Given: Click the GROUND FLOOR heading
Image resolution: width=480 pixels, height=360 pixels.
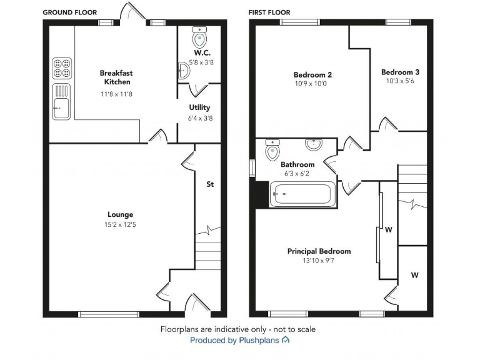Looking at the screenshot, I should (69, 12).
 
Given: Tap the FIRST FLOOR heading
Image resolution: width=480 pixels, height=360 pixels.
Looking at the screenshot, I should (269, 12).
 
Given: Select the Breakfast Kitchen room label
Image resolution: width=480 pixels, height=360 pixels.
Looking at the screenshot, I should (116, 77).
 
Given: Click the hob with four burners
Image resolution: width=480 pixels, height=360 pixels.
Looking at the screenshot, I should (62, 67).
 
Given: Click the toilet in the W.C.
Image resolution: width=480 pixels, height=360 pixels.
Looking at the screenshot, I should (199, 38).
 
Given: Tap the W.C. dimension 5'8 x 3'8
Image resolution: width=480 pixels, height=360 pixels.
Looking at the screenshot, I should (201, 62).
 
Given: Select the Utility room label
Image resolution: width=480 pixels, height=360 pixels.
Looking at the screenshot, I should (200, 107).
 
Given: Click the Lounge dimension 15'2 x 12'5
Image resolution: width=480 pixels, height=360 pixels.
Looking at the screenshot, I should (120, 224).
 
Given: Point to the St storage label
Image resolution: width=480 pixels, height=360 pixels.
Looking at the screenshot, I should (210, 184).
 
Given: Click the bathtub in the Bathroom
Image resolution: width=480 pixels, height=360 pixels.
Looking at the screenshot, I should (302, 194).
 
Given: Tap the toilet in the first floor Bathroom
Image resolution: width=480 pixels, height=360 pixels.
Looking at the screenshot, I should (272, 149).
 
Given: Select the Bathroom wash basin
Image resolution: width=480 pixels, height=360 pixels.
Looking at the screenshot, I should (314, 145).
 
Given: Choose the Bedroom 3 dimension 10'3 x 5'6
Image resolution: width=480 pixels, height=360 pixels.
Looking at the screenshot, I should (400, 81).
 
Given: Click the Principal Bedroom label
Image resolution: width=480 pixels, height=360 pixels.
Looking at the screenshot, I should (319, 251).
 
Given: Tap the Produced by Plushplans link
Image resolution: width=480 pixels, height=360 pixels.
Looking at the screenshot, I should (235, 341).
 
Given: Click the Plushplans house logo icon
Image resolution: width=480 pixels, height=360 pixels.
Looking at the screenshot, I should (286, 341).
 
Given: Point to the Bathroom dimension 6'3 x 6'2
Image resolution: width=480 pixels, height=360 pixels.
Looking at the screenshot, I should (297, 174).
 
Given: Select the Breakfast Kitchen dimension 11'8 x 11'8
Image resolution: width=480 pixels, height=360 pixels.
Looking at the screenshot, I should (116, 94).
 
